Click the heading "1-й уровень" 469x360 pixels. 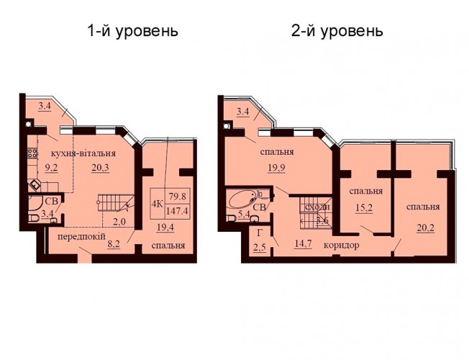133,31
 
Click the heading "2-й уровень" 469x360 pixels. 337,31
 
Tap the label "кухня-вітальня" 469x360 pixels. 83,153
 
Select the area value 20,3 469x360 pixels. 101,168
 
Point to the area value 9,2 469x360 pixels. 51,168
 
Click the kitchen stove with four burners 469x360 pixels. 32,153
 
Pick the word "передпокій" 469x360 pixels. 81,237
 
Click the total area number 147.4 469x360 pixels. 178,211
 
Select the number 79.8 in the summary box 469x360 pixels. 178,197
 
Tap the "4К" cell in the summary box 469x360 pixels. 158,204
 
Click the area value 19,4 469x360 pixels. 165,228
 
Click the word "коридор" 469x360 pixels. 342,246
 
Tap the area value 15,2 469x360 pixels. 364,207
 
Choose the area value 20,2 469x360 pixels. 426,228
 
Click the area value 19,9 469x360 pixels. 277,168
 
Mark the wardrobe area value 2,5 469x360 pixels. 260,248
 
